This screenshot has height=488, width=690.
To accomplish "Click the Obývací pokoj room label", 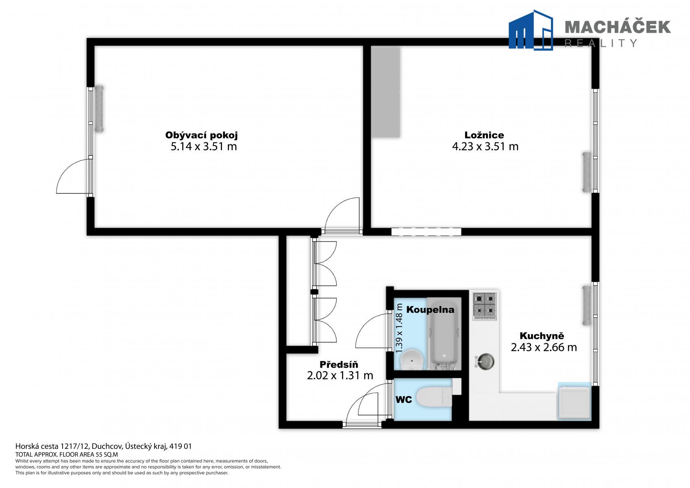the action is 201,135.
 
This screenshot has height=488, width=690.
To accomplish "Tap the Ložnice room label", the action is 484,135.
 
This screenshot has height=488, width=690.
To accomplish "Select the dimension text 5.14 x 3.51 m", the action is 204,146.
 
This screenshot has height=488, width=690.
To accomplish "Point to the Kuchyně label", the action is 542,335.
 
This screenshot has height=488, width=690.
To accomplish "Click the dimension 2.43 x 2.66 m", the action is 544,347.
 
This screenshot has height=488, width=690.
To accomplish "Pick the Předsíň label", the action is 339,364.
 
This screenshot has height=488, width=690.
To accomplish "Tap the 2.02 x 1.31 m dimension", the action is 340,375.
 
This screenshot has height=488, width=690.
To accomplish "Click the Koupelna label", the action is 430,309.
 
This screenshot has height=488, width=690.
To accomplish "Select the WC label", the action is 403,400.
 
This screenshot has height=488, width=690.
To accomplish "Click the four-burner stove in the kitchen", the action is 485,306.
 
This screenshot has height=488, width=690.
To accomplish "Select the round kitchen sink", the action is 485,362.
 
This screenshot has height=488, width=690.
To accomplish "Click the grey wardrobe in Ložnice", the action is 385,92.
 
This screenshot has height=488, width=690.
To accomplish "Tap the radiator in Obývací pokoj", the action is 99,109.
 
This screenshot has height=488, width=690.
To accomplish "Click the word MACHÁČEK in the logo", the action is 618,27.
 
